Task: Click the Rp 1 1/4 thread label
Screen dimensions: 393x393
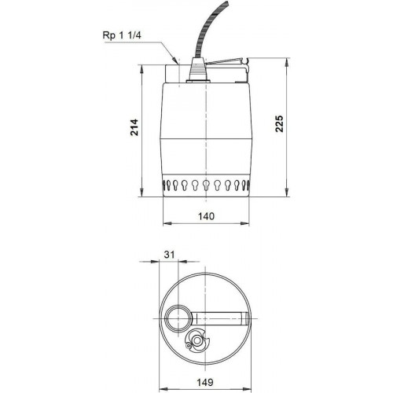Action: (x=122, y=35)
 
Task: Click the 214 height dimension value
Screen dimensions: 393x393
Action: (x=134, y=127)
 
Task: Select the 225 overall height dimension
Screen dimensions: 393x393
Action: (x=279, y=123)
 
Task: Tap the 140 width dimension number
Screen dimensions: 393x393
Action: (x=206, y=216)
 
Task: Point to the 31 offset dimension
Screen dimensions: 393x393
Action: (x=169, y=255)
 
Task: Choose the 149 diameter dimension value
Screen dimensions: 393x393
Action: (x=205, y=382)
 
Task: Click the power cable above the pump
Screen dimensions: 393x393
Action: (x=209, y=29)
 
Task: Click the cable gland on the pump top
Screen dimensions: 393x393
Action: (x=198, y=71)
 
